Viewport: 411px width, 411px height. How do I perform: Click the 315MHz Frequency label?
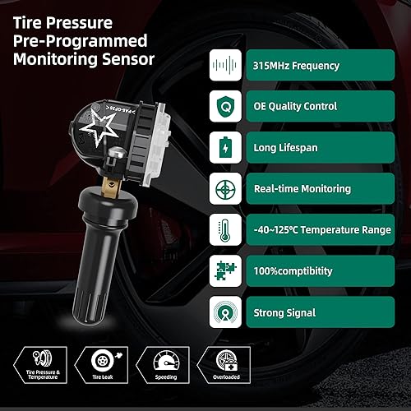(294, 65)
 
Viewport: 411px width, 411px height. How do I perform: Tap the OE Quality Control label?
(296, 106)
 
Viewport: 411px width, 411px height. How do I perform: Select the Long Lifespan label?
(284, 147)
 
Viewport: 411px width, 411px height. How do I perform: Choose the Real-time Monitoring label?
(302, 188)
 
